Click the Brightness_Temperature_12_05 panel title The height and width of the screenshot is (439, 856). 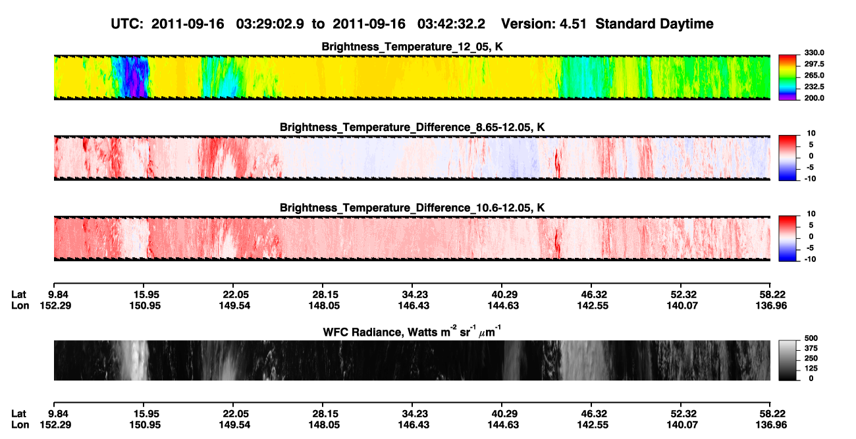coord(412,47)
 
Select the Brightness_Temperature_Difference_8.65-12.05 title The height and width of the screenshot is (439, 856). coord(412,127)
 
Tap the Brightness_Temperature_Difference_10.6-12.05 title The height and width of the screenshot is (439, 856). coord(412,208)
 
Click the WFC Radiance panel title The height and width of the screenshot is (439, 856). coord(412,332)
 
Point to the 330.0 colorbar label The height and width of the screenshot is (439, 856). coord(814,53)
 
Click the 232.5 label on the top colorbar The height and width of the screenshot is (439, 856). coord(814,87)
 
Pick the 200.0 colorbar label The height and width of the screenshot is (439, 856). coord(814,98)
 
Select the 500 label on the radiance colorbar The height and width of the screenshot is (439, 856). coord(811,338)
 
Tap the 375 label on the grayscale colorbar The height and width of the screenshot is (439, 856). coord(811,348)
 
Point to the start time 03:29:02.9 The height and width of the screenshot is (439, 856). coord(270,24)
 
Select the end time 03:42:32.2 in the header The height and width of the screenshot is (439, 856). coord(451,24)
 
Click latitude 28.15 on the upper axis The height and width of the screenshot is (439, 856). coord(324,295)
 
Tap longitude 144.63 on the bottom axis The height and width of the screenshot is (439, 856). coord(503,425)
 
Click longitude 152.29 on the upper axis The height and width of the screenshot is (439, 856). coord(55,305)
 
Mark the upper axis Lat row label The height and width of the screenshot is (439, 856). coord(18,295)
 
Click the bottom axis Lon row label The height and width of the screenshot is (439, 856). coord(20,425)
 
